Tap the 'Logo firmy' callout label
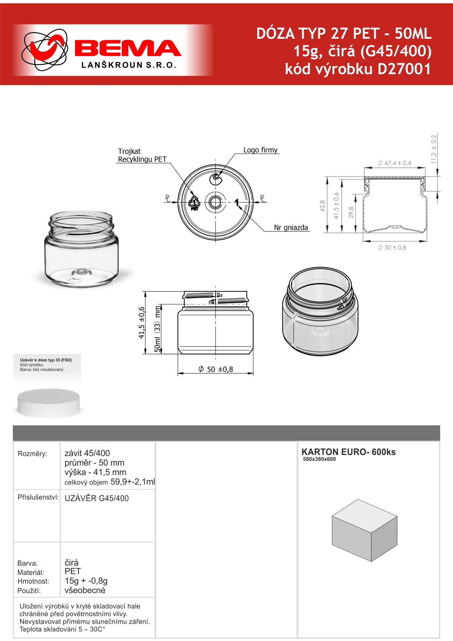[260, 150]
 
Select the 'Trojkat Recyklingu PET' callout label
[142, 155]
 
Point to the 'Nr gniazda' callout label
[291, 228]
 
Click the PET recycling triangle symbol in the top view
[194, 203]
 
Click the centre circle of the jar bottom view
[216, 202]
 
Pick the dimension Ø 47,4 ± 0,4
[395, 163]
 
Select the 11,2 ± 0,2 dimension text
[434, 149]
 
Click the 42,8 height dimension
[322, 206]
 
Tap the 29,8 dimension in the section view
[351, 212]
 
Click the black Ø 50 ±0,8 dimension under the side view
[216, 369]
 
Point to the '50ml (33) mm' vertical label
[157, 329]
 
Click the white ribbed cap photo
[49, 403]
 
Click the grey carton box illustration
[364, 530]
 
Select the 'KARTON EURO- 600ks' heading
[349, 452]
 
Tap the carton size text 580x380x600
[319, 459]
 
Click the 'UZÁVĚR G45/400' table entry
[97, 498]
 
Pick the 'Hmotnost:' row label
[33, 581]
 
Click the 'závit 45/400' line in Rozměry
[87, 453]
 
